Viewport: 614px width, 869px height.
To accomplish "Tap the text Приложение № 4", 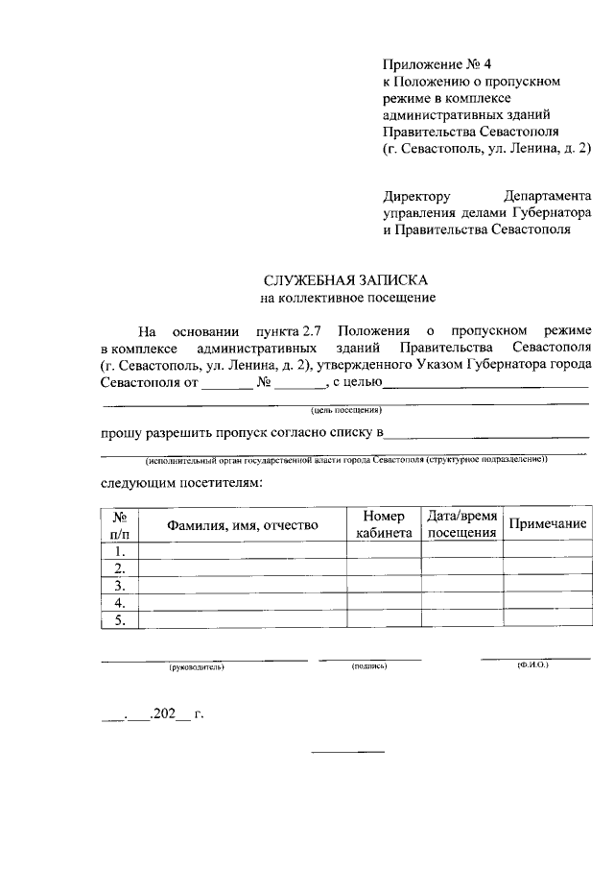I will tap(423, 64).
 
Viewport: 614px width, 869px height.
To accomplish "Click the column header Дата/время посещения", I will tap(461, 524).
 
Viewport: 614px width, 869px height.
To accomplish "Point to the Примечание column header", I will tap(547, 524).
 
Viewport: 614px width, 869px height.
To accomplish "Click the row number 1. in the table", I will tap(120, 551).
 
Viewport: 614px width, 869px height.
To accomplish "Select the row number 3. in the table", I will tap(120, 586).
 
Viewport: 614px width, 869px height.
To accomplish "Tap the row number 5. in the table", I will tap(120, 620).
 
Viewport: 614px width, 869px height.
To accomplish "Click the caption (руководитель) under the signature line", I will tap(196, 665).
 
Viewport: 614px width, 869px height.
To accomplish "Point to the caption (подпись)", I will tap(369, 665).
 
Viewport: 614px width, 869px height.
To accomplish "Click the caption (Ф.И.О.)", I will tap(532, 664).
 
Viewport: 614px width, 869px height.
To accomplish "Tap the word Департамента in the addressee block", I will tap(547, 195).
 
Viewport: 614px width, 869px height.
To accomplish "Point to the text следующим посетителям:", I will tap(180, 481).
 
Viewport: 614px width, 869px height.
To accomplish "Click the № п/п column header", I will tap(120, 524).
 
